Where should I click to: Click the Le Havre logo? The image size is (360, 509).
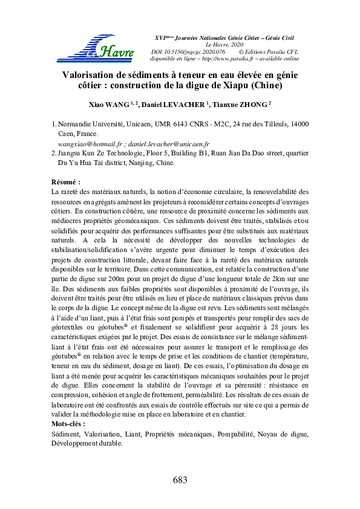(96, 47)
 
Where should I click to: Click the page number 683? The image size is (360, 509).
(180, 480)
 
